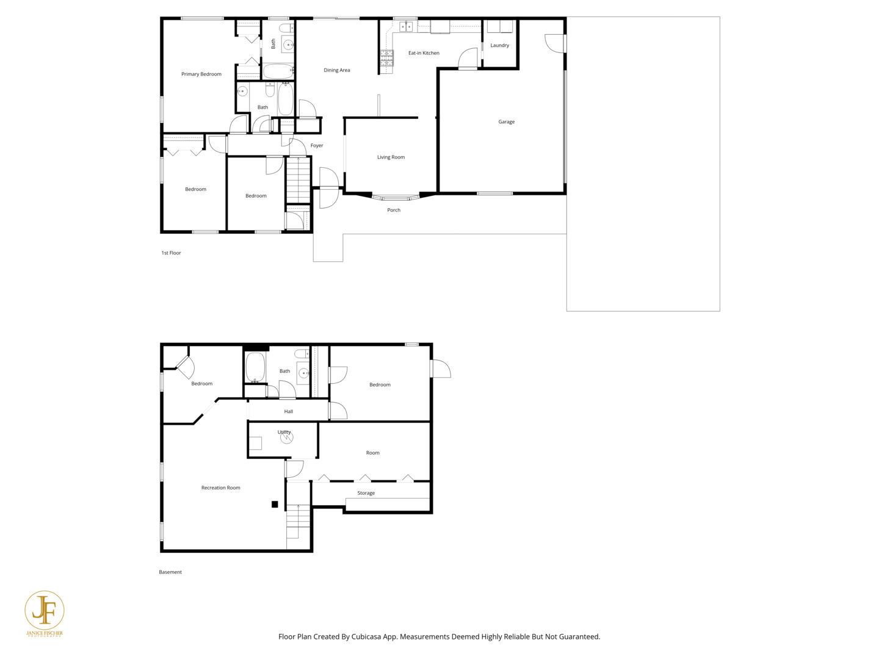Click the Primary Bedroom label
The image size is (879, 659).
(201, 74)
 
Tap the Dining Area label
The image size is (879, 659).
(336, 70)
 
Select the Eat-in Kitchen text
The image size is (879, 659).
(424, 53)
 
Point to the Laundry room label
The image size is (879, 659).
(499, 45)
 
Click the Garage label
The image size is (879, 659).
(506, 122)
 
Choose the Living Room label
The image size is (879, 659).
(391, 157)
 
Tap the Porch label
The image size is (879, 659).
(394, 210)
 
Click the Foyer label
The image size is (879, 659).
(316, 146)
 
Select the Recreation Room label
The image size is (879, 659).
(220, 488)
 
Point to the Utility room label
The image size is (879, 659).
(284, 432)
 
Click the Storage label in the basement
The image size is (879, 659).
(366, 493)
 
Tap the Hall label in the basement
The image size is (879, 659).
(288, 412)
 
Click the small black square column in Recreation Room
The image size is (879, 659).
(275, 504)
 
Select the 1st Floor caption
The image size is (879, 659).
(171, 253)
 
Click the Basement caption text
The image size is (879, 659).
(170, 572)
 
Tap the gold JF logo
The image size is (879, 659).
(44, 611)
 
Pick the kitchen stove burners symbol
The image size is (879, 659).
(386, 58)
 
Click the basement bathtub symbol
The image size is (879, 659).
(255, 367)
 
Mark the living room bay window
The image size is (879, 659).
(396, 198)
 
